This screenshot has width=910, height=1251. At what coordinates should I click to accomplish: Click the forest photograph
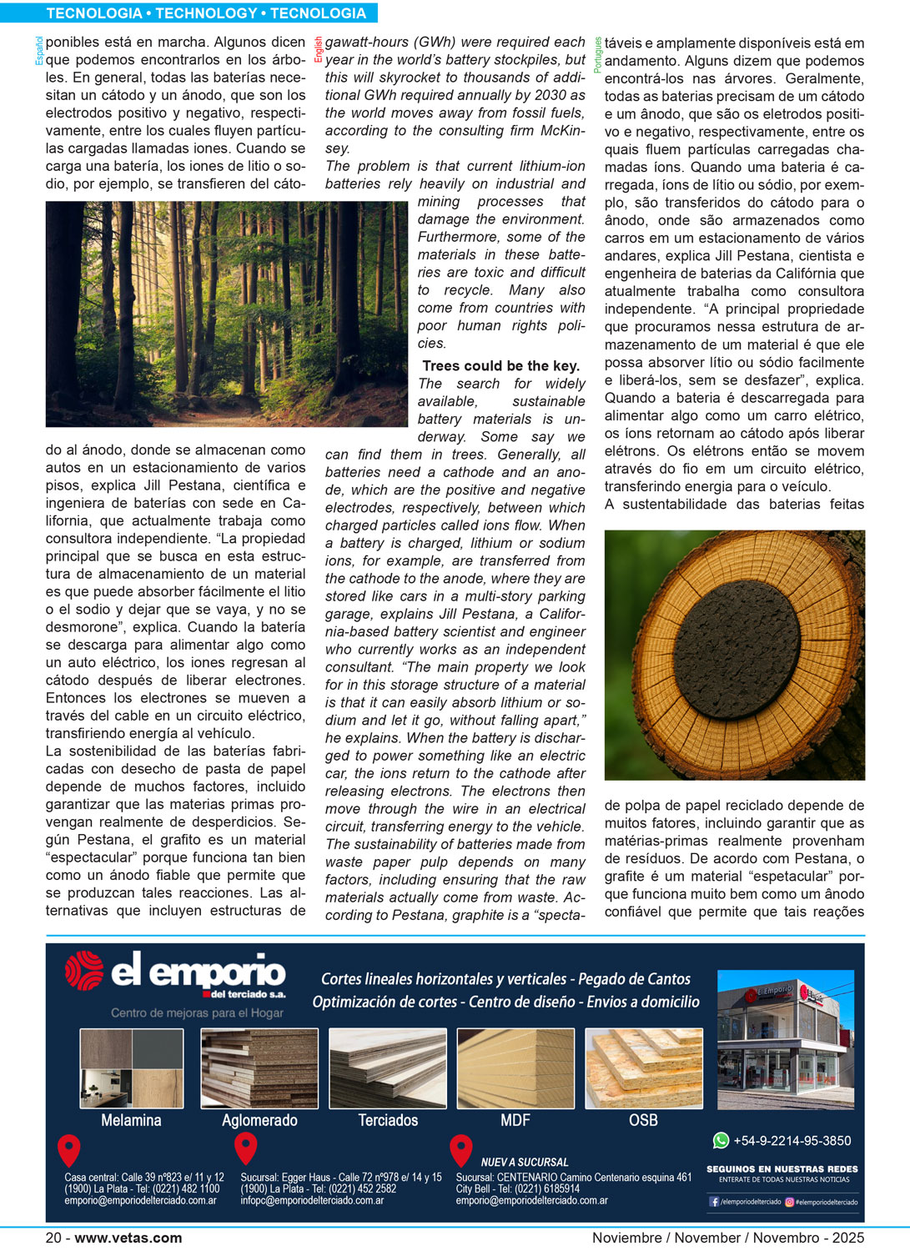226,314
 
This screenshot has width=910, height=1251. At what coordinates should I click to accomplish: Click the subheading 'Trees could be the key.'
500,365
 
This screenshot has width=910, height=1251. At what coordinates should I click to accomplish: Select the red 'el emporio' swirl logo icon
84,972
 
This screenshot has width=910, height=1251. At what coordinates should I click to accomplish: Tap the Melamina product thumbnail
131,1068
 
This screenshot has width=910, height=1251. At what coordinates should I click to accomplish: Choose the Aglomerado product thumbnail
259,1068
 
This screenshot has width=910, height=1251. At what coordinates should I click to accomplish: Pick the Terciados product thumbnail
388,1068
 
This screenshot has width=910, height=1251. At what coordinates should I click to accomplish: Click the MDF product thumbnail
515,1068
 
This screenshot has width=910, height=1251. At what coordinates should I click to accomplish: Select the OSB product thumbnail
643,1068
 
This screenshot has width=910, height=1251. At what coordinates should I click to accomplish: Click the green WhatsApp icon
721,1140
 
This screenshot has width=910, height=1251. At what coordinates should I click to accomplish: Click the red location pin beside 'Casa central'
68,1149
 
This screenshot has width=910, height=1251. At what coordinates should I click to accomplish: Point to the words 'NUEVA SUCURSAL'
525,1162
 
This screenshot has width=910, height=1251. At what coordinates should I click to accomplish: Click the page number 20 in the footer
53,1238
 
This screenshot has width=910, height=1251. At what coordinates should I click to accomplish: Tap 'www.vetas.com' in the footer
128,1238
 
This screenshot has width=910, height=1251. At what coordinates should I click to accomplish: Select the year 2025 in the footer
847,1238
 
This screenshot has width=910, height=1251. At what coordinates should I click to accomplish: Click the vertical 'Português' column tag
598,55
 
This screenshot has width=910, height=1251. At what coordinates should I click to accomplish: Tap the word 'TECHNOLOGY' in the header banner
207,13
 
